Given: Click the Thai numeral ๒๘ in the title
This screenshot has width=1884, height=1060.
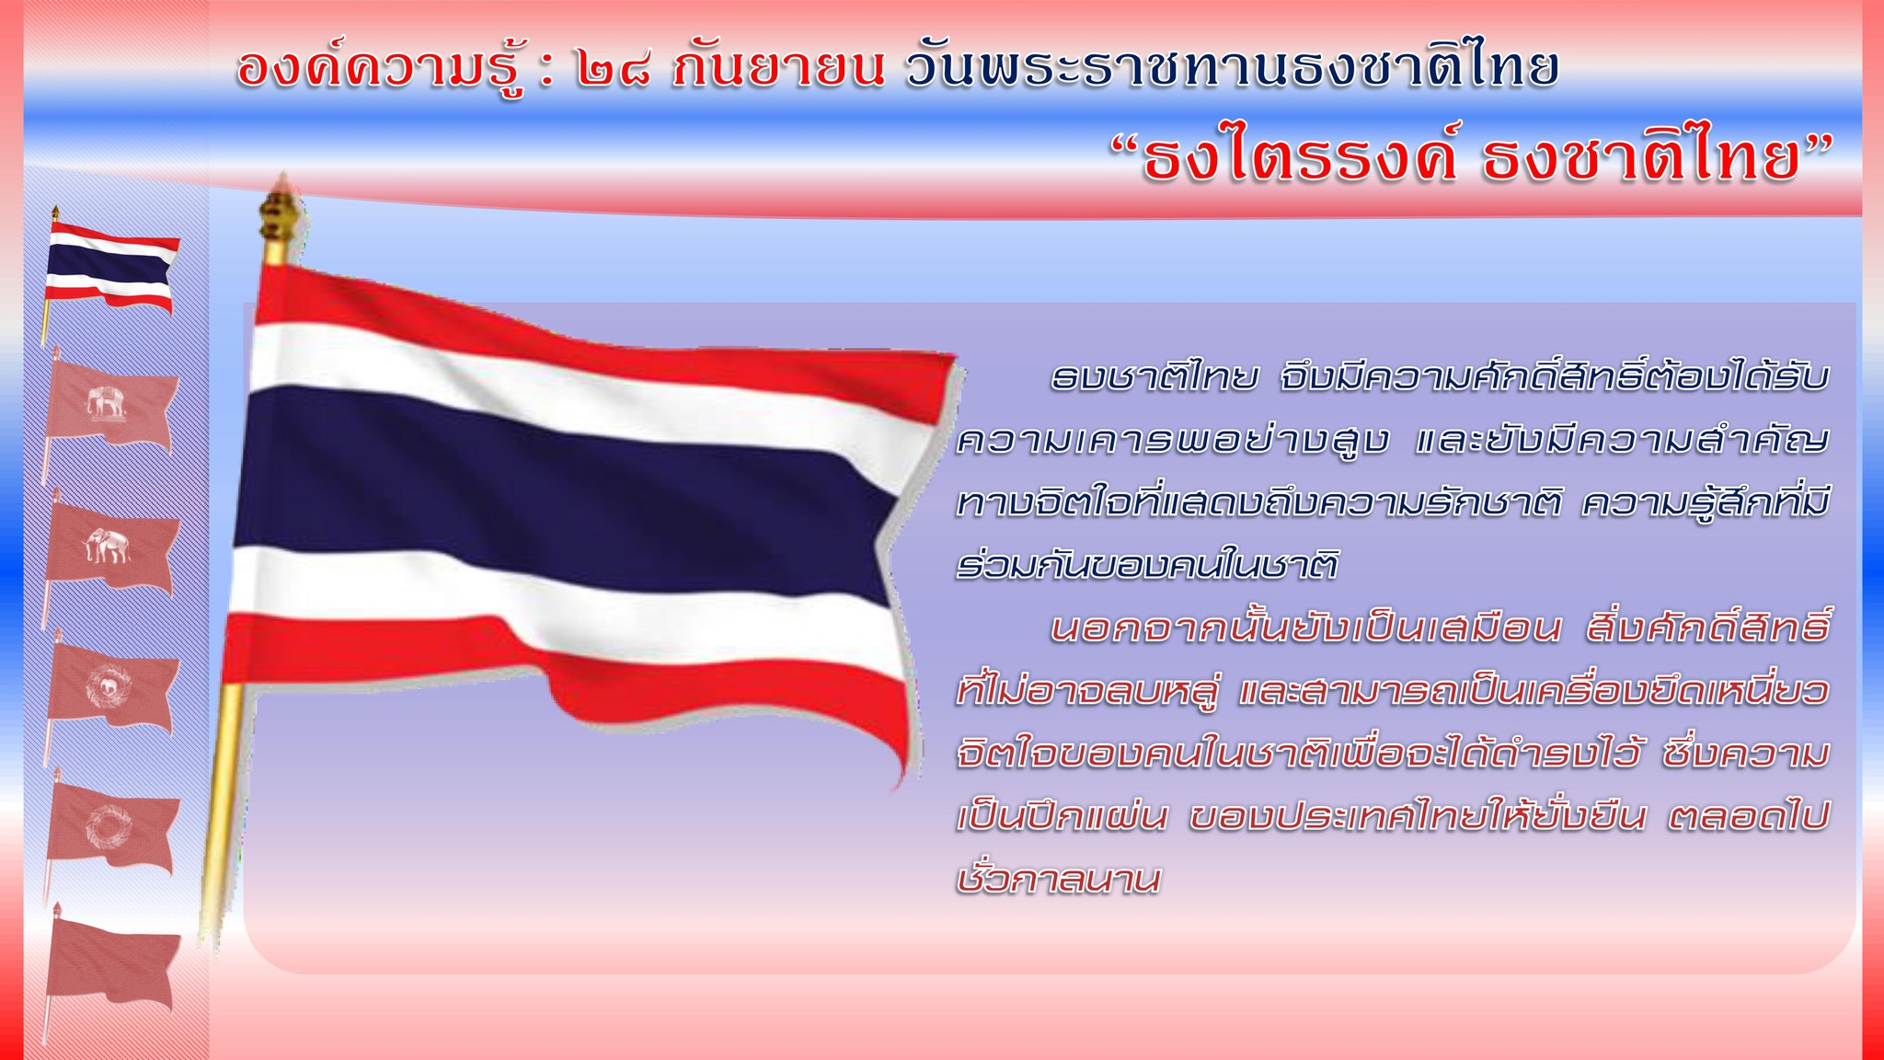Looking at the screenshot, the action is (614, 69).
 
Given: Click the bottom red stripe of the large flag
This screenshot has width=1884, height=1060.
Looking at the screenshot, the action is (570, 676).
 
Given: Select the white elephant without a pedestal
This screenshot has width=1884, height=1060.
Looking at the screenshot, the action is (108, 545).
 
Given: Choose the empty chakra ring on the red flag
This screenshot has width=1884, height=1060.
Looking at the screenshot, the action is (108, 824).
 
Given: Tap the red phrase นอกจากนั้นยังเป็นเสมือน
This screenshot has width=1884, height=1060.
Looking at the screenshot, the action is (1306, 628).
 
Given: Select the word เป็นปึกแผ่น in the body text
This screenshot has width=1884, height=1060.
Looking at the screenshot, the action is (1063, 816).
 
